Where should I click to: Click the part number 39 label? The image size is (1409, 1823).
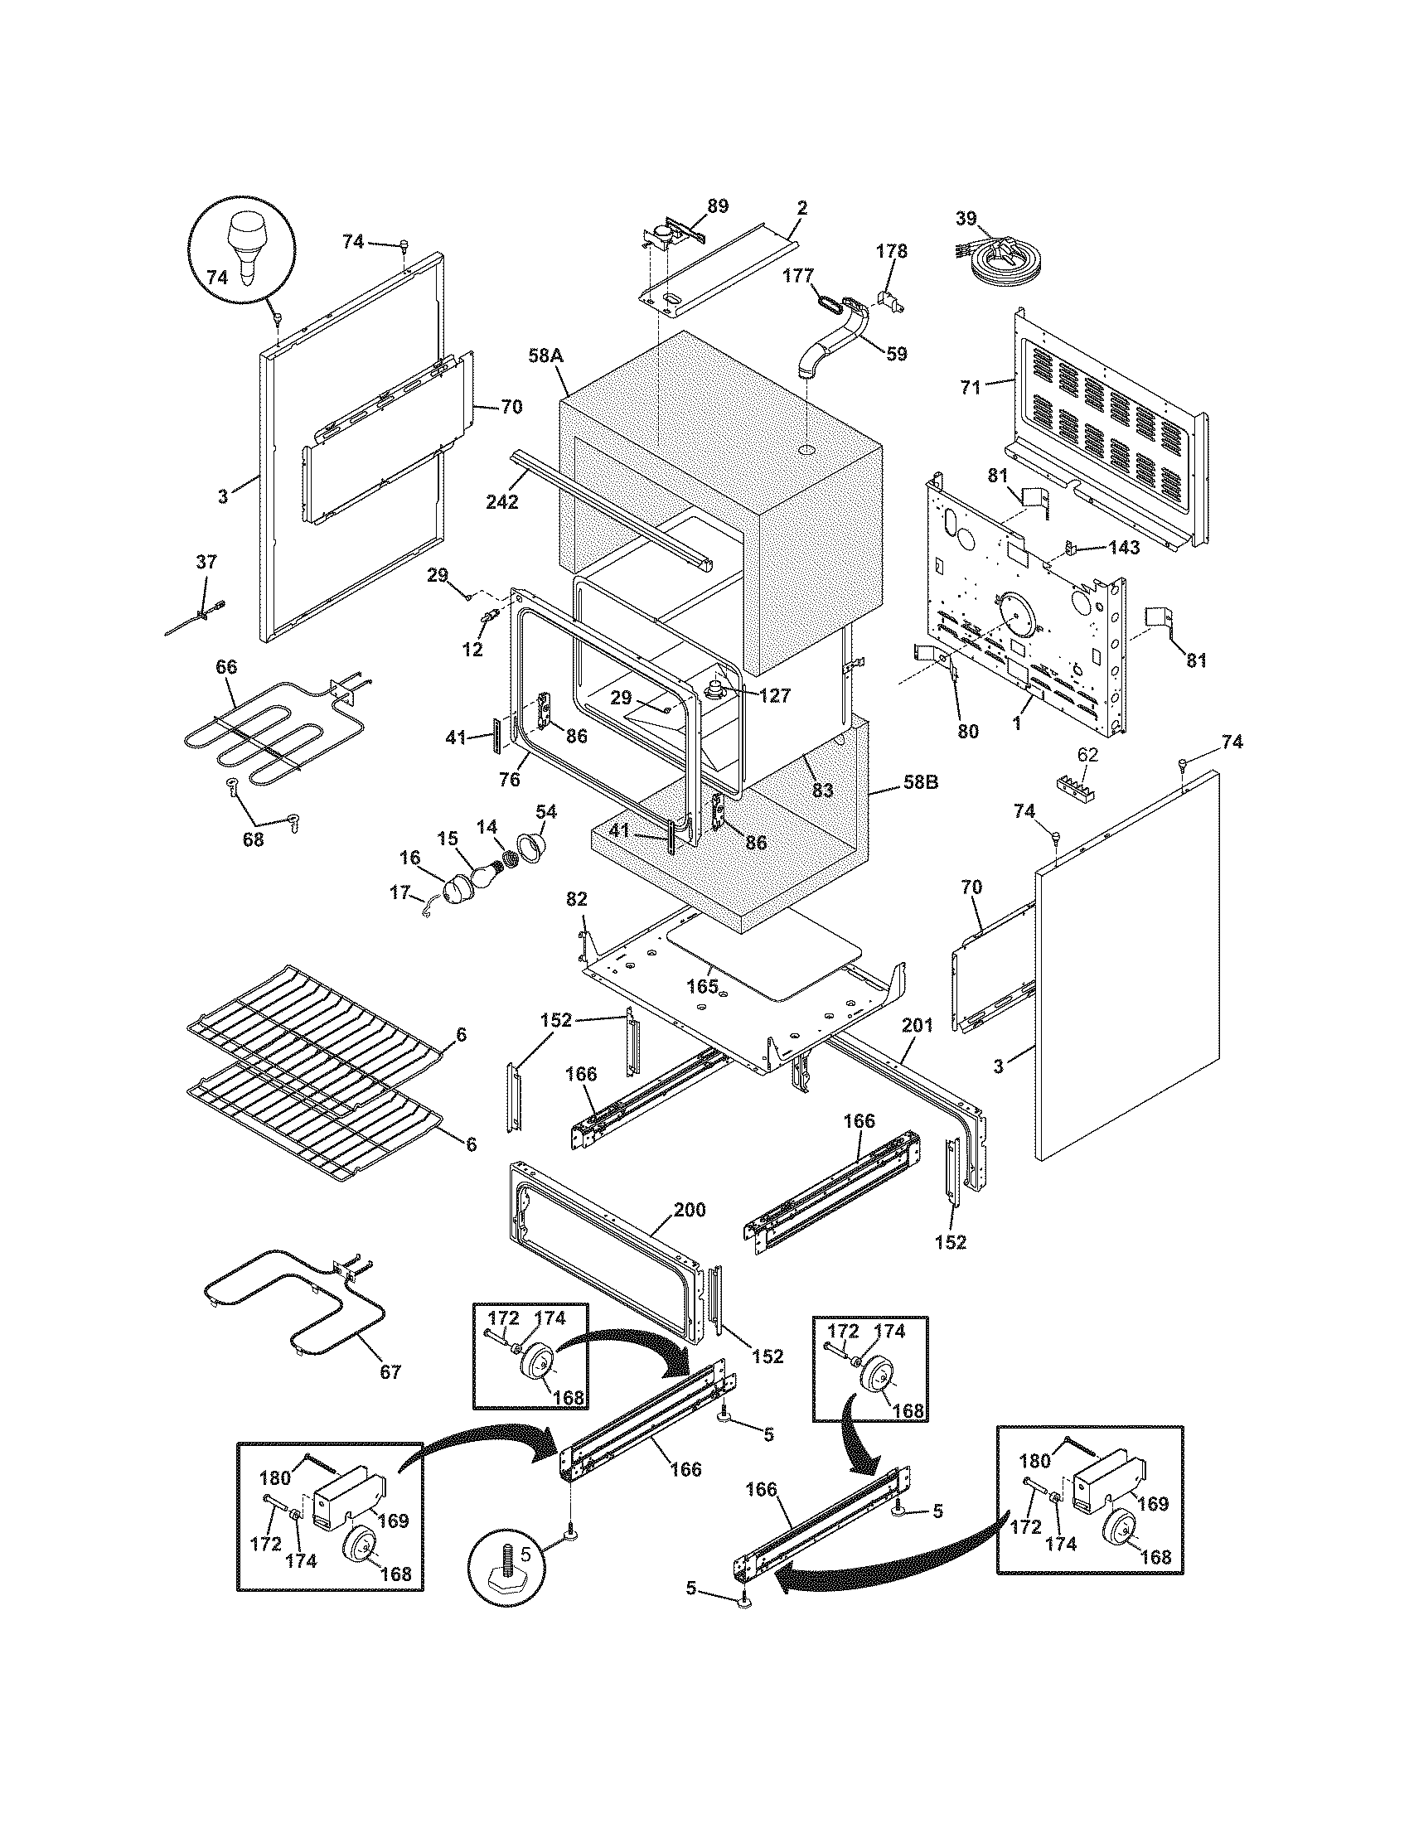point(965,219)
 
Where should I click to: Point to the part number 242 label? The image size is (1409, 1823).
point(501,501)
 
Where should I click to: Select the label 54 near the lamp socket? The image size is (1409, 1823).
point(547,811)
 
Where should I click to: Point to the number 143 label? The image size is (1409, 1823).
point(1124,548)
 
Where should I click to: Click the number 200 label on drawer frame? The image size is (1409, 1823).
point(690,1210)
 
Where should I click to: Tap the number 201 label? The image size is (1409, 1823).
point(917,1025)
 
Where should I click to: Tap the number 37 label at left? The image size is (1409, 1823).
point(206,562)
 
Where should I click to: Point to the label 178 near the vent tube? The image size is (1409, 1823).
point(891,250)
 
